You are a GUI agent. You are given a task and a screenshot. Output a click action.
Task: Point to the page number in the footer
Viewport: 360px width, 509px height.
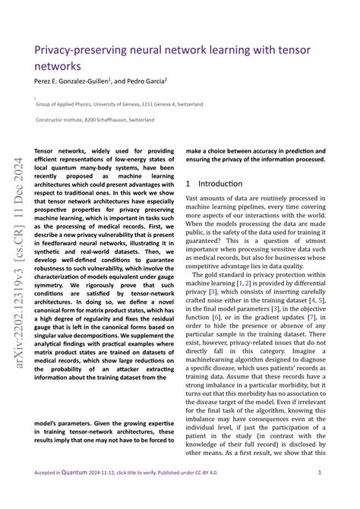tap(319, 473)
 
